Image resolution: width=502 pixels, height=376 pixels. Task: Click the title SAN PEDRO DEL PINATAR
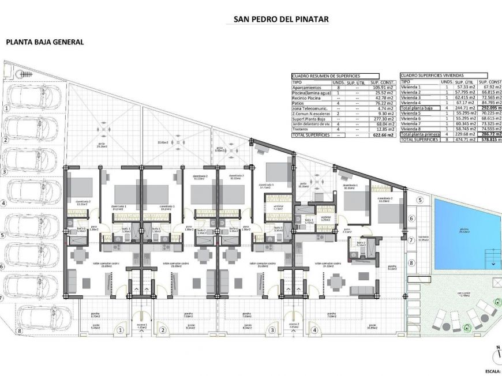(281, 19)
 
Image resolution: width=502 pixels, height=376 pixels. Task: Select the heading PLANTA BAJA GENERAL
(45, 42)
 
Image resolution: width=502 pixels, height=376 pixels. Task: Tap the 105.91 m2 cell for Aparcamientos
(382, 87)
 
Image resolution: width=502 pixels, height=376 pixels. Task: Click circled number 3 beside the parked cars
(5, 171)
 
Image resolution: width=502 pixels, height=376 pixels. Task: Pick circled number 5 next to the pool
(420, 200)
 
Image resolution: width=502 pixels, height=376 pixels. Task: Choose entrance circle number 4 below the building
(314, 330)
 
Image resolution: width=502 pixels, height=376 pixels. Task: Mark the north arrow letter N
(498, 347)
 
